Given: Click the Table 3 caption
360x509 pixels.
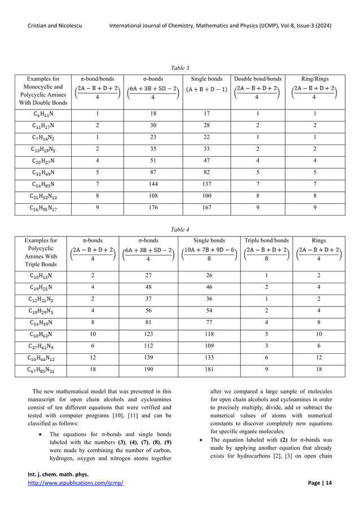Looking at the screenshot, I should click(x=180, y=67).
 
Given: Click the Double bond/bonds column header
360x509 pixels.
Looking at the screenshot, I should click(x=258, y=79).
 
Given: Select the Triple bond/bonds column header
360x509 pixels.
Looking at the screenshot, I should click(x=265, y=240).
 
